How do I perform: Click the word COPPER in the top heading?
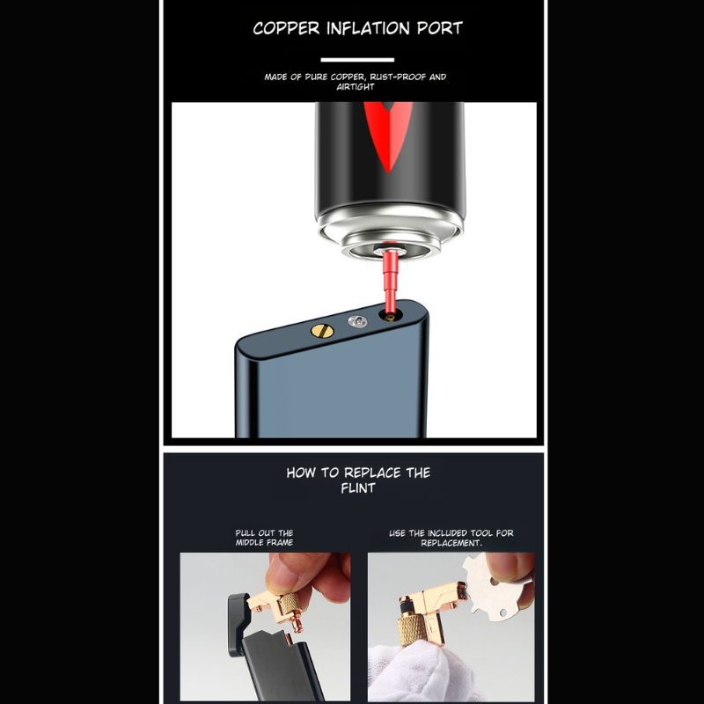(286, 28)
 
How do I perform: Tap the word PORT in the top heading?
(439, 28)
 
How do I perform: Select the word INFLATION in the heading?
(368, 28)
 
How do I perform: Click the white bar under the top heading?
(357, 60)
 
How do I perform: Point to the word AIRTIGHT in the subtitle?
(356, 87)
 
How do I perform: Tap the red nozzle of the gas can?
(390, 281)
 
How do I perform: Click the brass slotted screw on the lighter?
(322, 332)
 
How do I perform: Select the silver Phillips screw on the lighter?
(357, 321)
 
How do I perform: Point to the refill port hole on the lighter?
(390, 316)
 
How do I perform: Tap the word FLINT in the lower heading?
(358, 488)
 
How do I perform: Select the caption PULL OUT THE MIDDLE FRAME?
(265, 538)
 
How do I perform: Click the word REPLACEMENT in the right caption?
(451, 543)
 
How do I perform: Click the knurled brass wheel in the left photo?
(290, 605)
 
